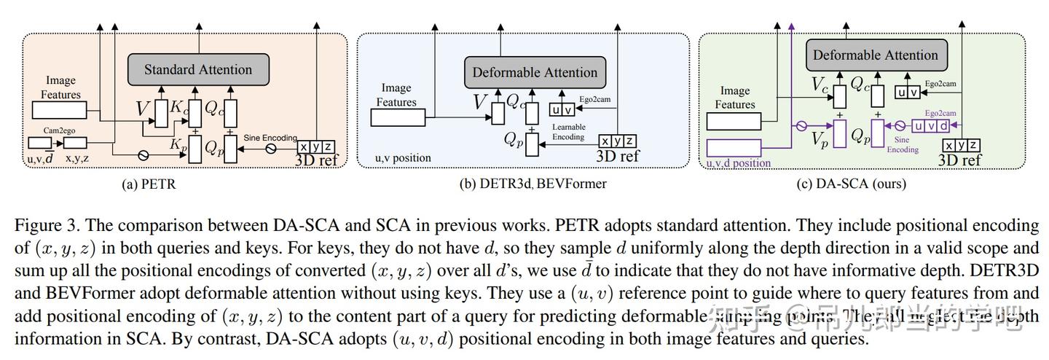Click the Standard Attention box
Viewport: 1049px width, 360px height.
197,70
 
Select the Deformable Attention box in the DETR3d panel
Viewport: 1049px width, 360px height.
535,72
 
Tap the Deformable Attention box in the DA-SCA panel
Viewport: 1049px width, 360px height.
875,55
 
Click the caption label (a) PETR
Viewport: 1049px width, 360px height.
149,184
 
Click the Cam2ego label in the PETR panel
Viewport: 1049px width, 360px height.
60,130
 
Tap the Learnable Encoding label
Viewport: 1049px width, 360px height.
569,131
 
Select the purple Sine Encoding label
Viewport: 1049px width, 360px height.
902,144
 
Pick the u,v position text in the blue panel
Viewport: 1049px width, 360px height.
403,158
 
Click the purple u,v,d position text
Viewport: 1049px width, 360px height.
739,163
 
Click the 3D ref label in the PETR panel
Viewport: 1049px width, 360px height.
317,159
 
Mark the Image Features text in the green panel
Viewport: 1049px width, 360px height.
734,98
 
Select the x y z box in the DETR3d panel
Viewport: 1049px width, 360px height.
617,141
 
